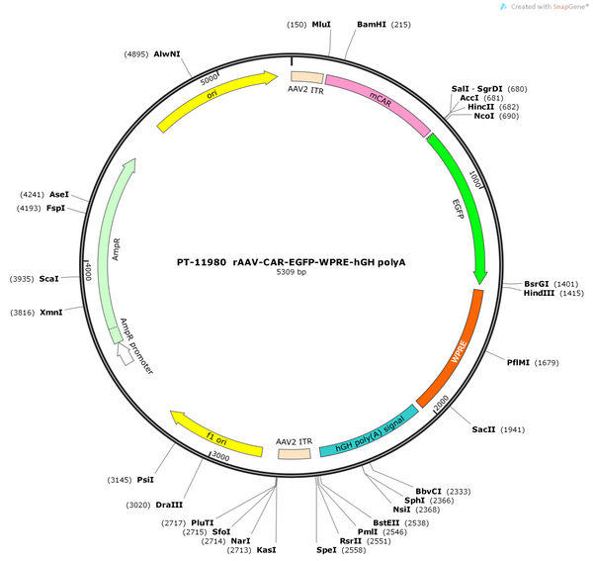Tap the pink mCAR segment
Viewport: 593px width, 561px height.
[x=380, y=101]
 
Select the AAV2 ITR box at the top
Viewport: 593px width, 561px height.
[x=307, y=77]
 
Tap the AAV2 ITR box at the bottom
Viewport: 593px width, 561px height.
[x=295, y=454]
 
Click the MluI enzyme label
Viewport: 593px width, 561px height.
[x=321, y=25]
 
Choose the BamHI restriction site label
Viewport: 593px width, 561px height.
[x=372, y=25]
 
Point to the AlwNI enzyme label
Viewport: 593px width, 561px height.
[x=167, y=54]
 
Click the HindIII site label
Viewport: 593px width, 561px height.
[x=539, y=293]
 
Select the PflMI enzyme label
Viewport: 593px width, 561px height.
[x=518, y=363]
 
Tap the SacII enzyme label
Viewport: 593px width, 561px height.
[x=483, y=429]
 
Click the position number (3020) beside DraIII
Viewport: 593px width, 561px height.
[x=138, y=505]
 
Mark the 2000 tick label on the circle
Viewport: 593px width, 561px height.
[x=441, y=402]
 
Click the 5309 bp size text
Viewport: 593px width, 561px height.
[x=291, y=272]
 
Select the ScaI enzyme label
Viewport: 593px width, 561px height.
[x=48, y=279]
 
